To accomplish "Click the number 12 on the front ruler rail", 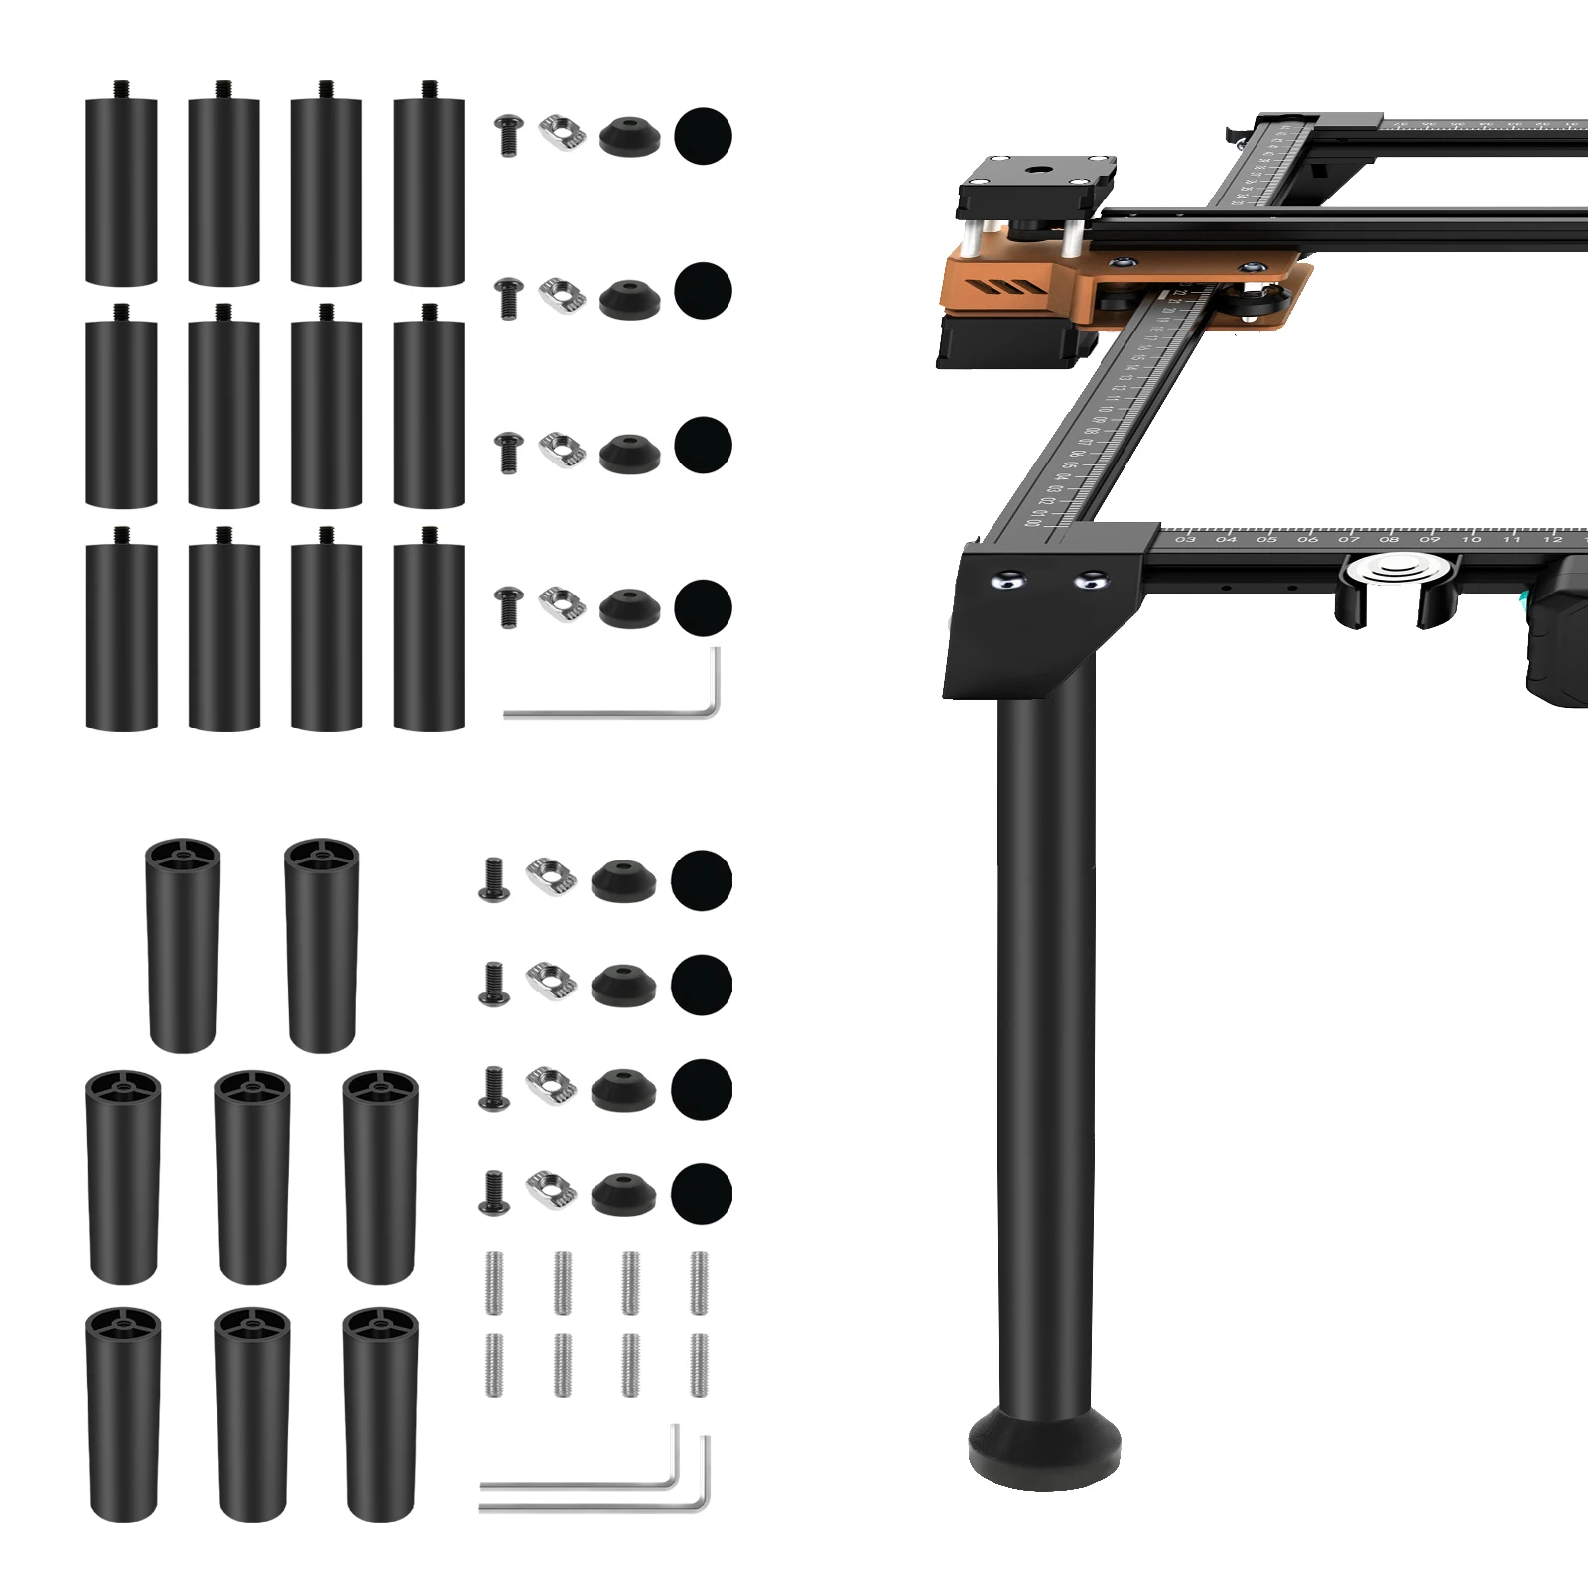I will [x=1552, y=539].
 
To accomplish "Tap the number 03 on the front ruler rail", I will [x=1185, y=539].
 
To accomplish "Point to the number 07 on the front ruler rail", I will [x=1348, y=539].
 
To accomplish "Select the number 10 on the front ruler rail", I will [x=1471, y=539].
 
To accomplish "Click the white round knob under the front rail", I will [x=1388, y=573].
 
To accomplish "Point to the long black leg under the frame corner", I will [x=1044, y=1042].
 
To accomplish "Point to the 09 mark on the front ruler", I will [x=1429, y=539].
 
